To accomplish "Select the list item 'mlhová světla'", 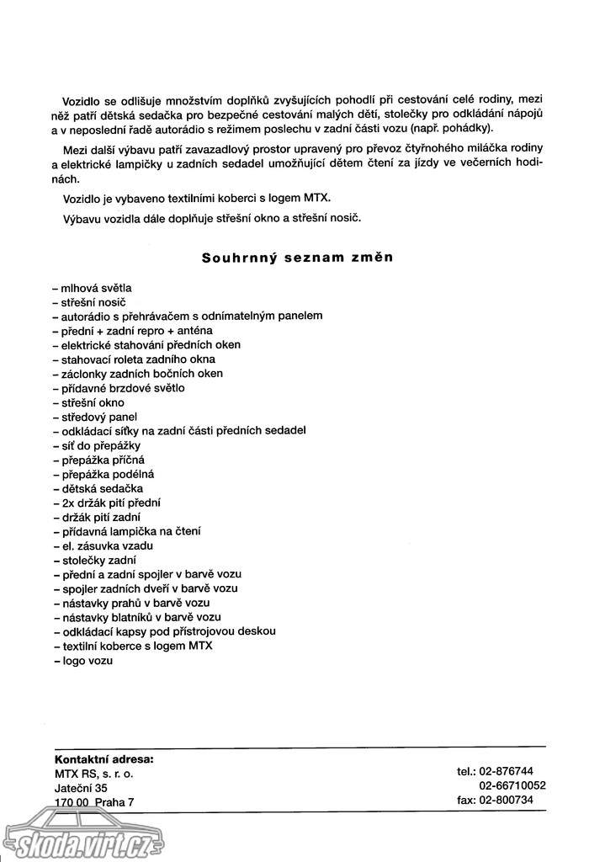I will tap(93, 287).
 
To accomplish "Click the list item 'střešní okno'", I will tap(91, 402).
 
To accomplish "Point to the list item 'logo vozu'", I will tap(84, 660).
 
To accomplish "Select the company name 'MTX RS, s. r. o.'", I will tap(93, 773).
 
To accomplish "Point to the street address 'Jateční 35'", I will tap(81, 787).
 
